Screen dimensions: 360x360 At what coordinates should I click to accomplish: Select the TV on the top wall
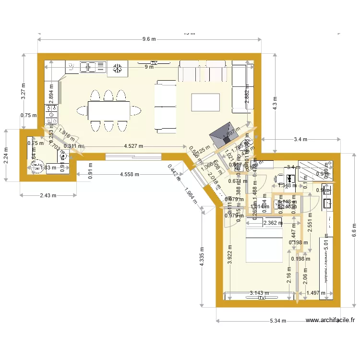pos(154,63)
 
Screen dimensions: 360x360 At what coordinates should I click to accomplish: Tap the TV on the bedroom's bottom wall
pos(262,298)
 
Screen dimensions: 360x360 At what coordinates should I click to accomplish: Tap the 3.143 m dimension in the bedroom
pos(259,293)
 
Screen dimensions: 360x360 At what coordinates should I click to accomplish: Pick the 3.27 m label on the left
pos(23,92)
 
